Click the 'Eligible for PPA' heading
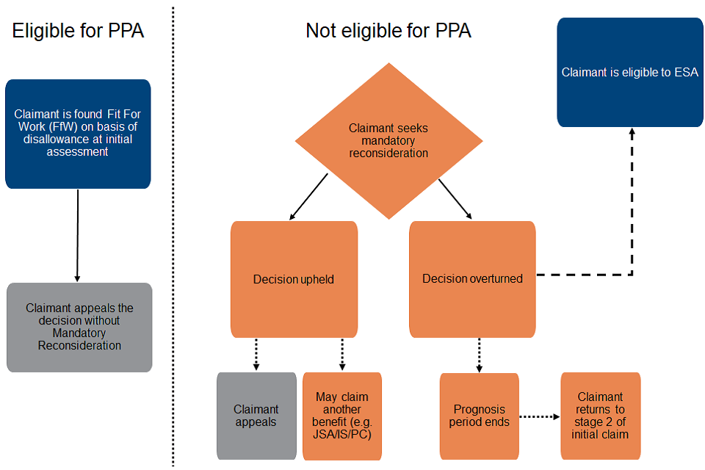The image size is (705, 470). (78, 32)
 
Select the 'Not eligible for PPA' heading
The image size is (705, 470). (388, 31)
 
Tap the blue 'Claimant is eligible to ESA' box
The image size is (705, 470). (629, 73)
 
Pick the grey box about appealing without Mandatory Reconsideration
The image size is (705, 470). (79, 328)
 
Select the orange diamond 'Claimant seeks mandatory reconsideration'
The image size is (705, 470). (388, 140)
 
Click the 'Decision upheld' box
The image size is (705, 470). (294, 279)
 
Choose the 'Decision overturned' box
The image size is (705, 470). (472, 279)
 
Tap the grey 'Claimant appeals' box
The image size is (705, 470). (256, 416)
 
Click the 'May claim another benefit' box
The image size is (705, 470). (342, 416)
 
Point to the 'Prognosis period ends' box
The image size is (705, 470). (479, 416)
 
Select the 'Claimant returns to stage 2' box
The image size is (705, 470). (600, 416)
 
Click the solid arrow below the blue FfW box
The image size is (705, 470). (77, 235)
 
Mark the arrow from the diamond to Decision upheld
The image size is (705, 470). (308, 197)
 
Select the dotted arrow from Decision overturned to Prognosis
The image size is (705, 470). (480, 355)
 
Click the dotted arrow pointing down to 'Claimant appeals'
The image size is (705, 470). (256, 355)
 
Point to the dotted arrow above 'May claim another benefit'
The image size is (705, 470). (342, 355)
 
